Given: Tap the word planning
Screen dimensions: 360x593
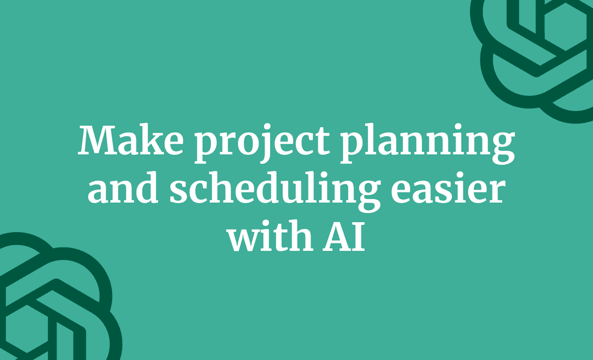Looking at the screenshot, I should click(x=427, y=144).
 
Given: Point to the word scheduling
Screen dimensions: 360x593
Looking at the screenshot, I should click(x=274, y=193).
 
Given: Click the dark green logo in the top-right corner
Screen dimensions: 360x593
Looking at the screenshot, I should click(x=535, y=55).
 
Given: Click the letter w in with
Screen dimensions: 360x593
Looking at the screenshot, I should click(x=244, y=241).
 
